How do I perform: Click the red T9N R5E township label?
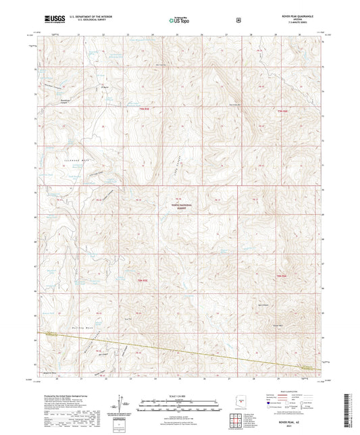coord(143,109)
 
